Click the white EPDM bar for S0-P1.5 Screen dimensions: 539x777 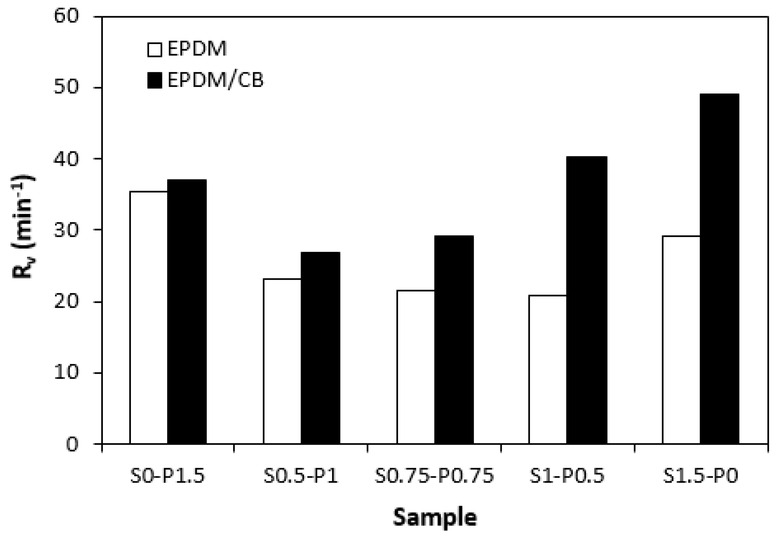click(149, 317)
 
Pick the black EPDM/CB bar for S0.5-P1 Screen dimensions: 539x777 click(320, 348)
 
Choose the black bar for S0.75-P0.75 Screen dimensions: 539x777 click(454, 339)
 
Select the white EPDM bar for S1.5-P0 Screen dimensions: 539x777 click(681, 339)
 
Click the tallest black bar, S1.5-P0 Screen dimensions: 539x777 click(719, 269)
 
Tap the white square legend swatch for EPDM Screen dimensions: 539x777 click(155, 49)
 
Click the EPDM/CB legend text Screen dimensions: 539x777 click(215, 80)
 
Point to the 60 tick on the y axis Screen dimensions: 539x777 click(66, 16)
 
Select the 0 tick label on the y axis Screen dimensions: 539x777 click(72, 444)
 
